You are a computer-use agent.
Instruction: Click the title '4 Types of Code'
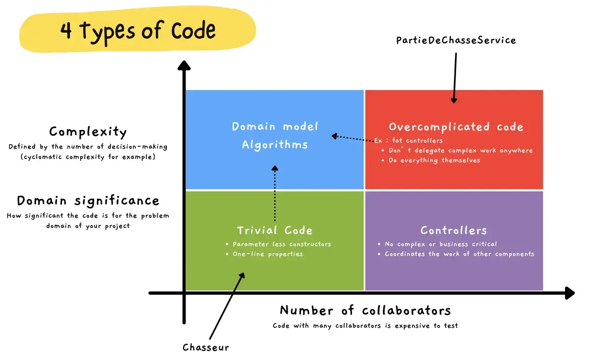[x=138, y=31]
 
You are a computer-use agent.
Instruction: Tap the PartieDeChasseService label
[x=456, y=40]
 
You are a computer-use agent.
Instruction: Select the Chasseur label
[x=206, y=347]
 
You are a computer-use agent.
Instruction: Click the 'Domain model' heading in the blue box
[x=275, y=127]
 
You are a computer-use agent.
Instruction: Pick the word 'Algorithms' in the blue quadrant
[x=275, y=145]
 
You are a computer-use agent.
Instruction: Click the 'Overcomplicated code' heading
[x=456, y=127]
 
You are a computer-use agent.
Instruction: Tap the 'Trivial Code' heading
[x=275, y=230]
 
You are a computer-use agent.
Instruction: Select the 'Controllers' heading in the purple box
[x=454, y=230]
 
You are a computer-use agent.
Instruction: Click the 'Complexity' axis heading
[x=88, y=132]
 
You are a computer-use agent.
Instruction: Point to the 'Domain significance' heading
[x=88, y=201]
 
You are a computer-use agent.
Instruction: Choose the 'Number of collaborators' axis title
[x=365, y=311]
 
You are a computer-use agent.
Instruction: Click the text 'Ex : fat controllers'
[x=408, y=140]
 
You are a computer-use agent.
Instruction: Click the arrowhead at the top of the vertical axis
[x=184, y=65]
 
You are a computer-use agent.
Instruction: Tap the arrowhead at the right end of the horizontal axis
[x=570, y=293]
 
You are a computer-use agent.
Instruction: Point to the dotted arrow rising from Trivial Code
[x=275, y=194]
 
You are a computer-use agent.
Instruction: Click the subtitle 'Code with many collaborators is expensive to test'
[x=365, y=326]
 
